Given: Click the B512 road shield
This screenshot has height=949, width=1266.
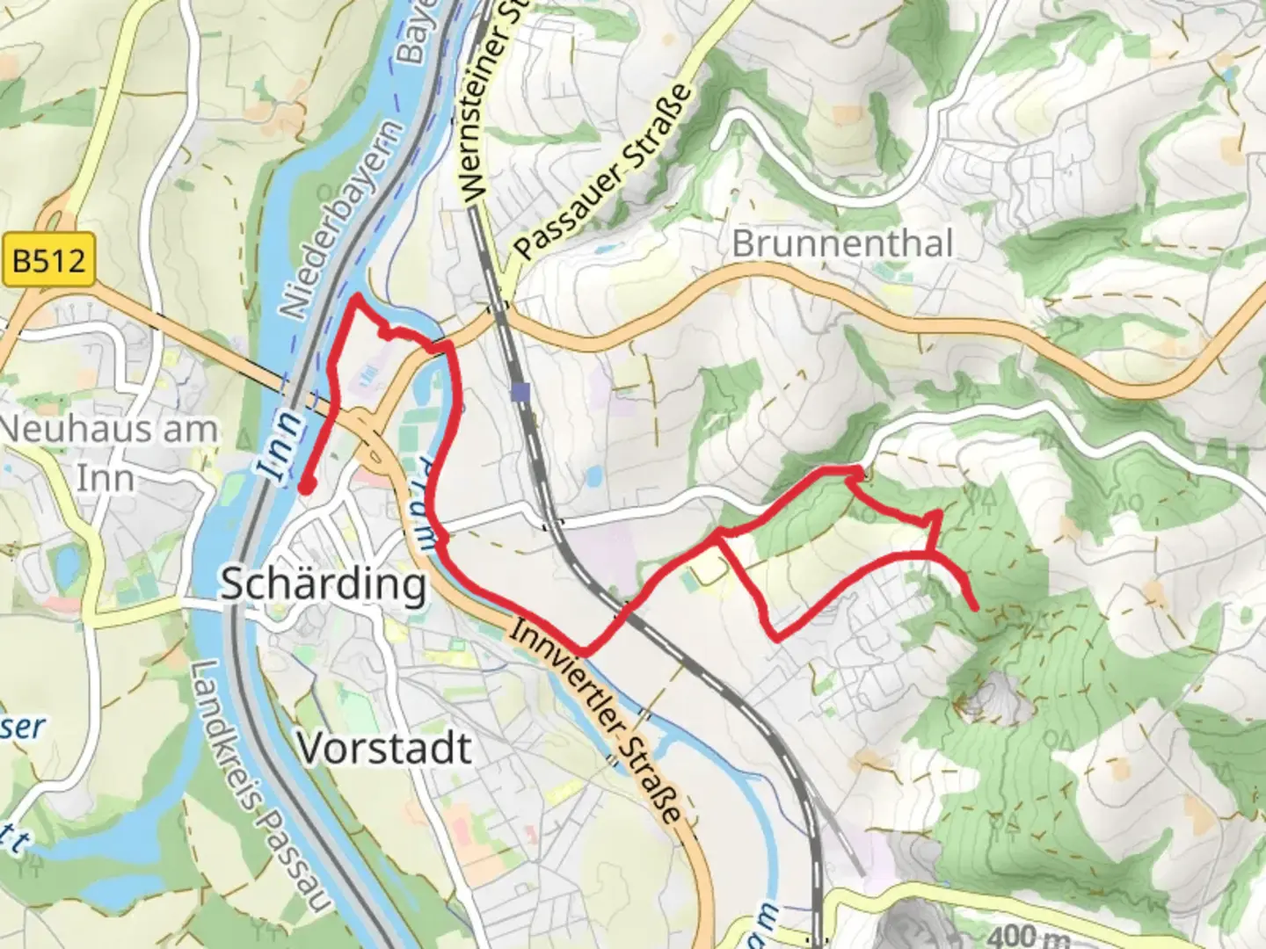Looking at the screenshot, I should [x=48, y=261].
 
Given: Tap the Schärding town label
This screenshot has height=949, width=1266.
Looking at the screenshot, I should [x=323, y=583].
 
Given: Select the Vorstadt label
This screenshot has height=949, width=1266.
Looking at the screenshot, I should [x=384, y=748].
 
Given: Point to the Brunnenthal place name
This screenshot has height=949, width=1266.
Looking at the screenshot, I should [x=842, y=243].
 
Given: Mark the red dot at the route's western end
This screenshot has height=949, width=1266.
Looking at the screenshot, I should [x=306, y=486].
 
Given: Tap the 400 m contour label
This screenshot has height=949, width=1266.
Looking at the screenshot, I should [x=1027, y=937].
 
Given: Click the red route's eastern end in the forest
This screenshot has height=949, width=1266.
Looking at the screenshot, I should [x=976, y=606].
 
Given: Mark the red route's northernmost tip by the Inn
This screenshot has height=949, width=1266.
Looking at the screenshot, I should [x=356, y=298].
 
